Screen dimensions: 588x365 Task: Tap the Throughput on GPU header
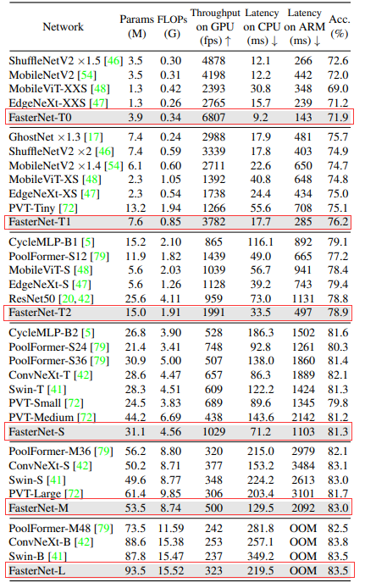click(216, 26)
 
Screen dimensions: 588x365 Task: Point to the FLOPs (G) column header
click(173, 26)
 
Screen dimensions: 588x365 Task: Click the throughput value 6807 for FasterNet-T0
click(216, 116)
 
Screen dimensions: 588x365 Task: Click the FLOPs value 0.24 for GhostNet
click(173, 136)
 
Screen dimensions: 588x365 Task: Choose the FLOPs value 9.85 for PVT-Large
click(173, 492)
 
